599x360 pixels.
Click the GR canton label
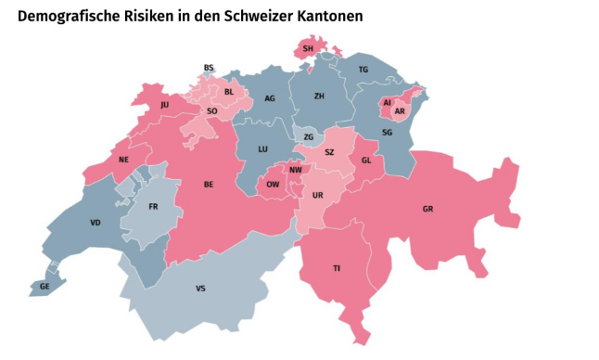pyautogui.click(x=427, y=209)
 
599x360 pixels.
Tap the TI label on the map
pyautogui.click(x=337, y=268)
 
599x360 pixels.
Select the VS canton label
pyautogui.click(x=200, y=289)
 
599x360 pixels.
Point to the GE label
pyautogui.click(x=44, y=288)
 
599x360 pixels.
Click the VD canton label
pyautogui.click(x=96, y=224)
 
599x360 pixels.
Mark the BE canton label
pyautogui.click(x=209, y=185)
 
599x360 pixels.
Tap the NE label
pyautogui.click(x=122, y=160)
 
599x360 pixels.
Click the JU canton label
pyautogui.click(x=164, y=105)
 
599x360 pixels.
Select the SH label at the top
pyautogui.click(x=308, y=48)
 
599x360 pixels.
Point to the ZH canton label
pyautogui.click(x=319, y=96)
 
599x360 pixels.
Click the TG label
pyautogui.click(x=363, y=71)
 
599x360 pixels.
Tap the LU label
pyautogui.click(x=262, y=148)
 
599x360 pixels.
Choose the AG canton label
pyautogui.click(x=270, y=98)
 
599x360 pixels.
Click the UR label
pyautogui.click(x=317, y=196)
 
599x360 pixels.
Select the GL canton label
pyautogui.click(x=366, y=160)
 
